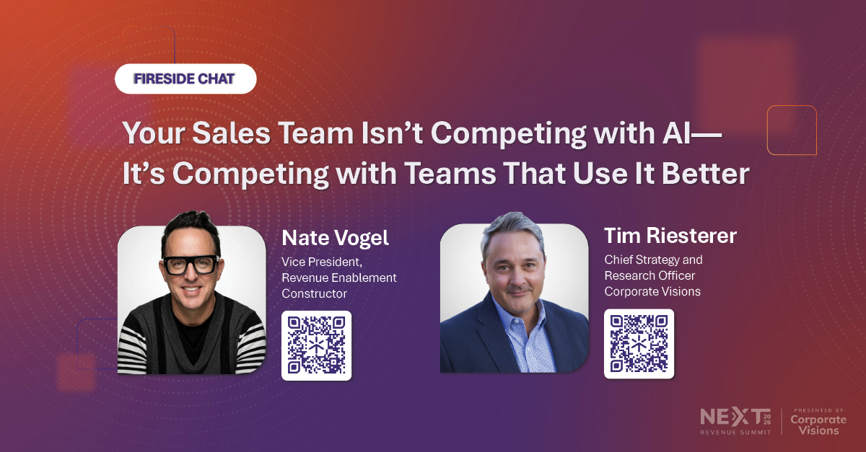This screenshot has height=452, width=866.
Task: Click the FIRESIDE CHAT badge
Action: pyautogui.click(x=185, y=79)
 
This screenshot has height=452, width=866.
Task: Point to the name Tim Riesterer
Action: pyautogui.click(x=670, y=236)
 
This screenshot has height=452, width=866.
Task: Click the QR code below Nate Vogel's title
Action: pyautogui.click(x=316, y=345)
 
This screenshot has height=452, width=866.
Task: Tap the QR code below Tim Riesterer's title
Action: pyautogui.click(x=639, y=344)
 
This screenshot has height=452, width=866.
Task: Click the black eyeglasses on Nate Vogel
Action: pyautogui.click(x=191, y=265)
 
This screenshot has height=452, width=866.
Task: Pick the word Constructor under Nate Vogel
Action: pyautogui.click(x=314, y=294)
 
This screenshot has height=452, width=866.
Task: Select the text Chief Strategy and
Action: pyautogui.click(x=653, y=260)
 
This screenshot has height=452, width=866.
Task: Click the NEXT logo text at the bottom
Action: pyautogui.click(x=729, y=417)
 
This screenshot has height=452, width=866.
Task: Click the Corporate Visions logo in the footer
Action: pyautogui.click(x=815, y=425)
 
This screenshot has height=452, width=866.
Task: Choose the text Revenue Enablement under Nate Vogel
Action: pyautogui.click(x=339, y=278)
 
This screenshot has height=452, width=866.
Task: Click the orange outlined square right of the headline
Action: pyautogui.click(x=792, y=130)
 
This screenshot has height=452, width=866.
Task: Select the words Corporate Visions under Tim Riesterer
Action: pyautogui.click(x=652, y=292)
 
